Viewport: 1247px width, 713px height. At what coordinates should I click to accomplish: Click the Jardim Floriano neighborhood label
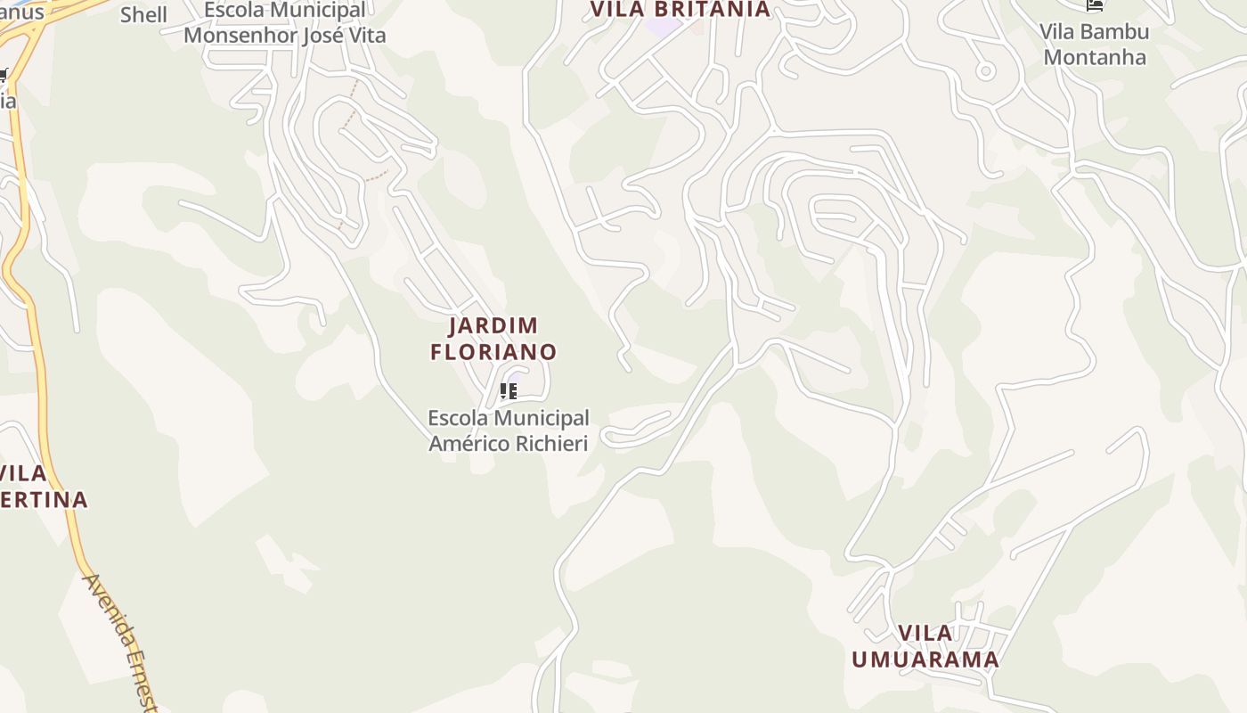click(x=493, y=339)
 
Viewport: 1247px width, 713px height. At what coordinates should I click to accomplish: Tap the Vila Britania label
click(x=681, y=9)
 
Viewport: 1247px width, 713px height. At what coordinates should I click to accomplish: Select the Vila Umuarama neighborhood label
click(x=925, y=647)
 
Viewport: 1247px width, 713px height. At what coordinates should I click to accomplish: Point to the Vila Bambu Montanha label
click(x=1095, y=45)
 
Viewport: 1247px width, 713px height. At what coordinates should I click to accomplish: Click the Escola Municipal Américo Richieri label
click(x=508, y=430)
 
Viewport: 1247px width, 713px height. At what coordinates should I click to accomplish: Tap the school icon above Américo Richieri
click(x=509, y=390)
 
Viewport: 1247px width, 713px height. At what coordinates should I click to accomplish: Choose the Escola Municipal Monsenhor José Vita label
click(x=285, y=23)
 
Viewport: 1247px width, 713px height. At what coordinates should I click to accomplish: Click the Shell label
click(x=143, y=14)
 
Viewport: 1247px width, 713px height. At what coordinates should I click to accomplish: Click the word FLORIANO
click(x=493, y=352)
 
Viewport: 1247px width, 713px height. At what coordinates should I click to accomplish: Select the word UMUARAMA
click(x=925, y=660)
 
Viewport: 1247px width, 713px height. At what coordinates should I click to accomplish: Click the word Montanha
click(x=1095, y=57)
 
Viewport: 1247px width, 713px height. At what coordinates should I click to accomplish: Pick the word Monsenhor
click(x=236, y=36)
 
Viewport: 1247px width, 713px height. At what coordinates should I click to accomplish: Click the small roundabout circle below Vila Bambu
click(x=985, y=70)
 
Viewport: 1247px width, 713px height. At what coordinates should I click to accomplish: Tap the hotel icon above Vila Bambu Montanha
click(x=1095, y=4)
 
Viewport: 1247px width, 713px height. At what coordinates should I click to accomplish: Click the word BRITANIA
click(x=715, y=9)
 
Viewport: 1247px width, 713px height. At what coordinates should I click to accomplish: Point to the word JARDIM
click(x=493, y=325)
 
